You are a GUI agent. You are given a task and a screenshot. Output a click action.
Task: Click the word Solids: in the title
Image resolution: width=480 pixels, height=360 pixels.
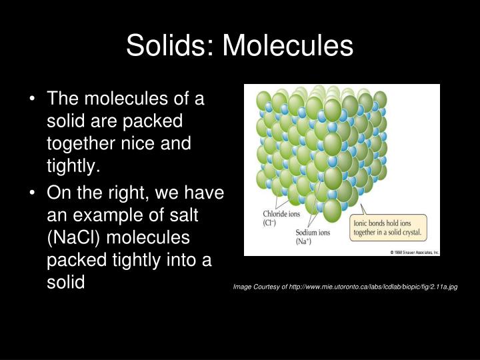pos(170,45)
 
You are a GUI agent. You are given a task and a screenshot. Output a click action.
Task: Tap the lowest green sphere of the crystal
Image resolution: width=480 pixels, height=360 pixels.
pos(331,210)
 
